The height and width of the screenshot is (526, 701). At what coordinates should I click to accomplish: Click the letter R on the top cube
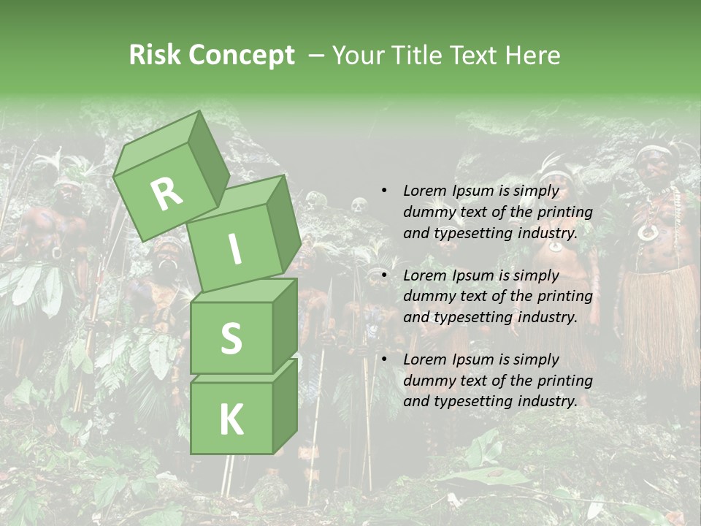(166, 194)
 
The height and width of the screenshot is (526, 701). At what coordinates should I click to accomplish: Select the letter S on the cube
(231, 338)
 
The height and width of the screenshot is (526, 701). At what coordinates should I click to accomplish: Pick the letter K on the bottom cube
(231, 419)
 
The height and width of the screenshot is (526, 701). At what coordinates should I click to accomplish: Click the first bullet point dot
(384, 191)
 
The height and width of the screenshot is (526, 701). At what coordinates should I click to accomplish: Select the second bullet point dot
(384, 275)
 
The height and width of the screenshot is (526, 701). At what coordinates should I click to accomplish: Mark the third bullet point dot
(384, 359)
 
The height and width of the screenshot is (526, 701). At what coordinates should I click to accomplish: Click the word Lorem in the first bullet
(425, 191)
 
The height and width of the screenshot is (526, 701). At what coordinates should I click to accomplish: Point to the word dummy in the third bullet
(427, 381)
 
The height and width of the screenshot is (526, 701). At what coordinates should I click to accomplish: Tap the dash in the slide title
(317, 56)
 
